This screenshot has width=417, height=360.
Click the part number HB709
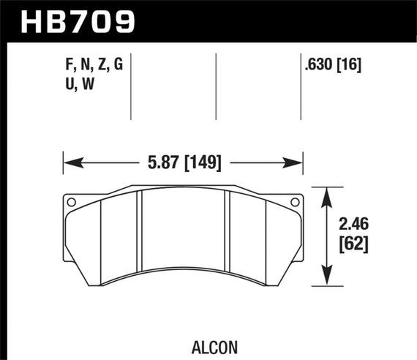point(72,20)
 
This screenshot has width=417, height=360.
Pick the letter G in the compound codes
point(117,65)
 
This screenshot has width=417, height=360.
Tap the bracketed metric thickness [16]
point(353,65)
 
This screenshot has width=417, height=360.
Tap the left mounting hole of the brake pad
point(71,203)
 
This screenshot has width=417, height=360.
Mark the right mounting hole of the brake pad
point(295,203)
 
